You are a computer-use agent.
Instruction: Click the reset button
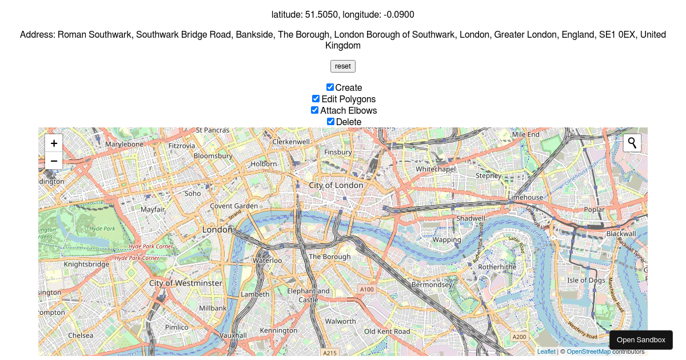click(x=343, y=66)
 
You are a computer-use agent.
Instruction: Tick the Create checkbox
click(x=330, y=87)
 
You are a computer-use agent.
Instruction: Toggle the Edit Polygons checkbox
click(x=316, y=99)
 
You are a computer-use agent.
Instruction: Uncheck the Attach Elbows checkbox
click(x=314, y=110)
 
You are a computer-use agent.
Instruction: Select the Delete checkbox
click(x=330, y=122)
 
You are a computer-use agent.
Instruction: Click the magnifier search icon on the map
click(x=632, y=143)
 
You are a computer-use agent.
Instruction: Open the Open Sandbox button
click(x=641, y=339)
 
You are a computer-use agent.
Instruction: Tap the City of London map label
click(x=336, y=185)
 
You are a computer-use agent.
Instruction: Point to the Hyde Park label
click(x=102, y=229)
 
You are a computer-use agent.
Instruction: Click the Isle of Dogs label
click(x=586, y=280)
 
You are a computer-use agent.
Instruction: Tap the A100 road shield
click(x=366, y=290)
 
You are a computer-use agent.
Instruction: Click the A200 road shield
click(x=519, y=337)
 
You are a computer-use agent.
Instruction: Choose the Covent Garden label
click(x=234, y=206)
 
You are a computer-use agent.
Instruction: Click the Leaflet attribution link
click(x=546, y=351)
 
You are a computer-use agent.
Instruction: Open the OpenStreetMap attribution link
click(x=588, y=351)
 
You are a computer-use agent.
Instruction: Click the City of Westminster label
click(x=185, y=283)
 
